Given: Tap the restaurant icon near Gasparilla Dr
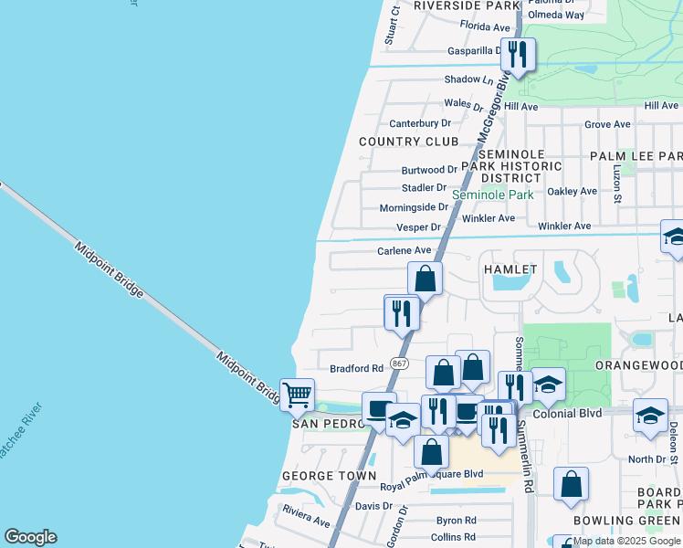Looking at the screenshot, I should pos(518,53).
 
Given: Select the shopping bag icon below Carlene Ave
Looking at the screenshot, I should pos(426,278).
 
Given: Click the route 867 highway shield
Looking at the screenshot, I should pos(399,363).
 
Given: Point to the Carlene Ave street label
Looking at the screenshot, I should pos(404,250).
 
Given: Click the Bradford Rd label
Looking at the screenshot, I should pos(356,368).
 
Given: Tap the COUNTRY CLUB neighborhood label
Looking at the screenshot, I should pos(408,142).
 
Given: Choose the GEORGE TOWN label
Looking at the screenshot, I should pos(329,476).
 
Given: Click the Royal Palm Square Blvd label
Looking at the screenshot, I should pos(431,474).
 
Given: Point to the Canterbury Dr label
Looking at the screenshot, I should pos(420,123).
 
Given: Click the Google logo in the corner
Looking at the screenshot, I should pos(30,537).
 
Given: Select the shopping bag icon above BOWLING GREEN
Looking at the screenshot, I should pos(571,484).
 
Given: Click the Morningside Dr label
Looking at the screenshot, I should pos(414,207).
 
